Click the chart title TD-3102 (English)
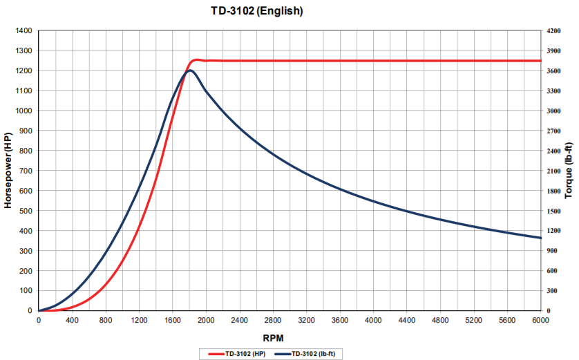[x=256, y=11]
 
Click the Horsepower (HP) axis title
[x=9, y=171]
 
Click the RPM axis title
[x=289, y=337]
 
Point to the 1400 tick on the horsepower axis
[x=23, y=31]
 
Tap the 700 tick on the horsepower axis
[x=26, y=171]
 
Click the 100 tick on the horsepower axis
[x=26, y=291]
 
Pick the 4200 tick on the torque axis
[x=553, y=31]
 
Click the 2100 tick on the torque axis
[x=553, y=171]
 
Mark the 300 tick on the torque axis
[x=551, y=291]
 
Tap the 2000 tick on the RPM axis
[x=206, y=321]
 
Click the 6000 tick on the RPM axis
[x=541, y=321]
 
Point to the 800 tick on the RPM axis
[x=106, y=321]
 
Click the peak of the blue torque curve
[x=190, y=70]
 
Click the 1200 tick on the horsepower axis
[x=23, y=71]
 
